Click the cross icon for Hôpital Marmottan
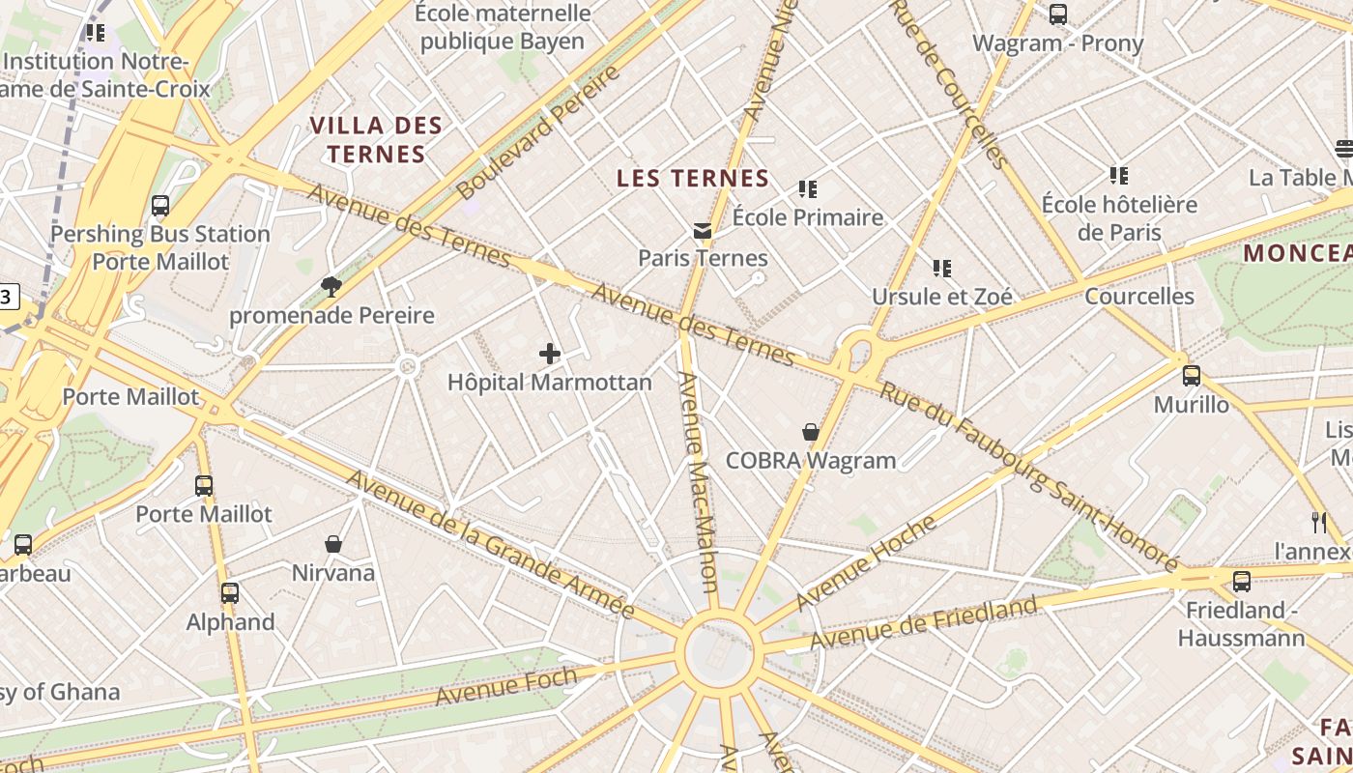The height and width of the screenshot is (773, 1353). (x=550, y=354)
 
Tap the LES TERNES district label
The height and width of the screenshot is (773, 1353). (x=693, y=179)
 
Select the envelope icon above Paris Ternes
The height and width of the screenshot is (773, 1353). (x=703, y=231)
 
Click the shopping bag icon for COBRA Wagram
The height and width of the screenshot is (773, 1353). (x=811, y=432)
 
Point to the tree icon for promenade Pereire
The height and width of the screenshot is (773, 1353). (x=331, y=286)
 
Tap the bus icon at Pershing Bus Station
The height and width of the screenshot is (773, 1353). (x=160, y=206)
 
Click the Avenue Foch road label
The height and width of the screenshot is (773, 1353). (x=505, y=686)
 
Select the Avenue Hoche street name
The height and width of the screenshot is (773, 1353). (x=866, y=564)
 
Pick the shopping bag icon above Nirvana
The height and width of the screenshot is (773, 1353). (x=333, y=545)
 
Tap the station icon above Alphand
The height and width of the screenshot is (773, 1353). (x=230, y=593)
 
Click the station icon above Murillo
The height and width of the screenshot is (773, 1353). (x=1192, y=376)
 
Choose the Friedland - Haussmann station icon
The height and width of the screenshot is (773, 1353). (x=1242, y=582)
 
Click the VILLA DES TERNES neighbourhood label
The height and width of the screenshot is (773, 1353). (x=376, y=139)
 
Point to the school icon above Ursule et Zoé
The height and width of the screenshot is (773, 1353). (x=942, y=269)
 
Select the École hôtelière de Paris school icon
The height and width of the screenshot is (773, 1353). (x=1119, y=176)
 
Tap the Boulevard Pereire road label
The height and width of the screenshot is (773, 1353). (x=537, y=132)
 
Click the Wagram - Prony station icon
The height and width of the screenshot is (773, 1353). (x=1058, y=14)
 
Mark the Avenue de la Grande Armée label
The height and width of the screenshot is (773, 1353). (x=490, y=544)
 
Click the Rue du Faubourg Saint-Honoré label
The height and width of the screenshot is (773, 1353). (x=1028, y=476)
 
